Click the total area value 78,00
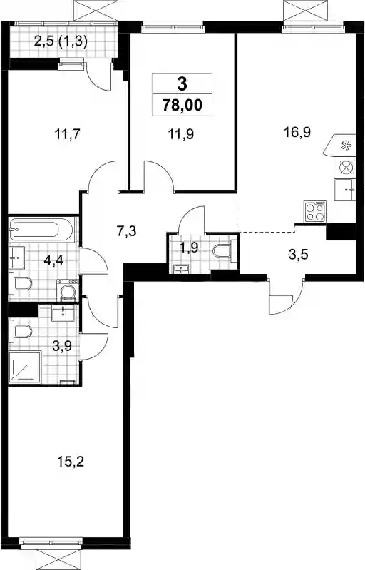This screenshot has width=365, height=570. tap(182, 105)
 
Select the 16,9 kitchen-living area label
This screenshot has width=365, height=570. tap(297, 132)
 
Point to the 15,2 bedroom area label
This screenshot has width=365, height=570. tap(71, 462)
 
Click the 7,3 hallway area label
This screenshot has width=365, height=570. tap(126, 231)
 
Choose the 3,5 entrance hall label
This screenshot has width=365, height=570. tap(298, 255)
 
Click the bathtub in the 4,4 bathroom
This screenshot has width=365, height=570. tap(41, 229)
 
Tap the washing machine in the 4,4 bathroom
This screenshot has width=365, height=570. tap(68, 290)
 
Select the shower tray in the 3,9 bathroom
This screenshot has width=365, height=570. tap(25, 367)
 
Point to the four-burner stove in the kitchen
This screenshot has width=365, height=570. tap(314, 212)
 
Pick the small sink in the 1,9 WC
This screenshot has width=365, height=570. tap(181, 268)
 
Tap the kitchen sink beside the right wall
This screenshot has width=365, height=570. tap(345, 190)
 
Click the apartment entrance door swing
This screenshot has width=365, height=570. tap(286, 296)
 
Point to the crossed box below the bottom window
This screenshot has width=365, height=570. tap(58, 559)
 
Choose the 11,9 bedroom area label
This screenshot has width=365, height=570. tap(180, 134)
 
